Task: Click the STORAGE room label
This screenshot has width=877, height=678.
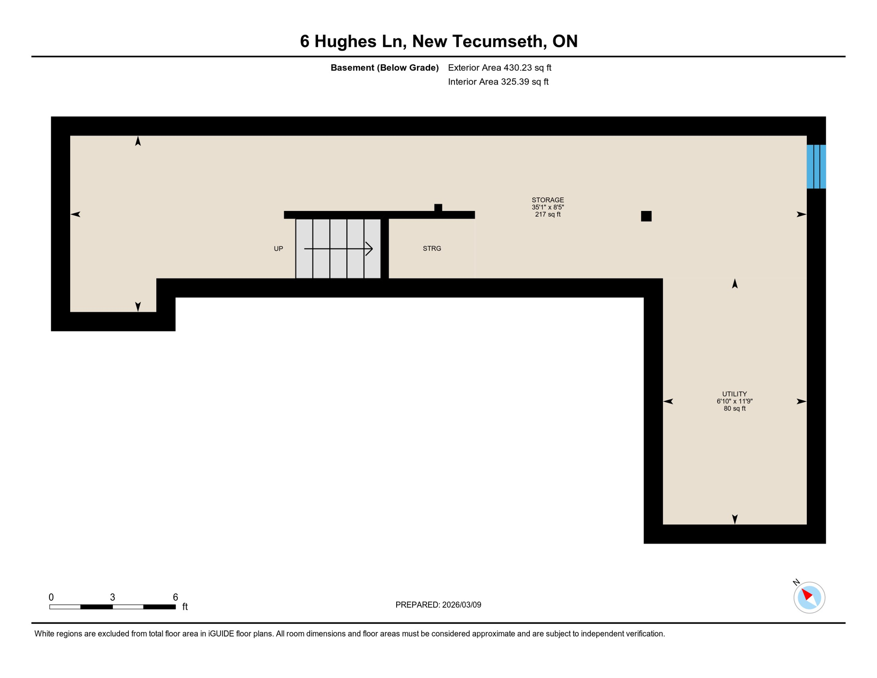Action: tap(547, 200)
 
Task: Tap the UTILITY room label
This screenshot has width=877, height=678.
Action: tap(734, 394)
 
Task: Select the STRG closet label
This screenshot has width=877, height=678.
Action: tap(431, 249)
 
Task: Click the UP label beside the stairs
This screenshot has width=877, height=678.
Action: tap(278, 249)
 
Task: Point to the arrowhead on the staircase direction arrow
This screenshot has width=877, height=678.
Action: tap(370, 249)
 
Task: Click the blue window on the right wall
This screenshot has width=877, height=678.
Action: tap(816, 166)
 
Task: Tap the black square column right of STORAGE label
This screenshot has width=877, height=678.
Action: tap(646, 216)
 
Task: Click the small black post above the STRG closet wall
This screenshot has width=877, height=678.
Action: tap(438, 207)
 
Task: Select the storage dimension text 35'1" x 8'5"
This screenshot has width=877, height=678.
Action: tap(547, 207)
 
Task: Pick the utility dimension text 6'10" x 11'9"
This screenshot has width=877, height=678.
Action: tap(734, 401)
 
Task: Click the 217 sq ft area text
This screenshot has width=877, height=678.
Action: tap(547, 215)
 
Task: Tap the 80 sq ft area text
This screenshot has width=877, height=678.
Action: tap(734, 409)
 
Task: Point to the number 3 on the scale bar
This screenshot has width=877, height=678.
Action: tap(112, 597)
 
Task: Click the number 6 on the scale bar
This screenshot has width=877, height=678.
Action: tap(175, 597)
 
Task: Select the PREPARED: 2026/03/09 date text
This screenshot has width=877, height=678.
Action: tap(438, 605)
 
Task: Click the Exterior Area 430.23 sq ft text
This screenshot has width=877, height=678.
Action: tap(499, 68)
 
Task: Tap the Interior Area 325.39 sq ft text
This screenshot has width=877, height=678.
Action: tap(498, 82)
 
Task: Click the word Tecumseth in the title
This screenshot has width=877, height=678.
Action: tap(499, 41)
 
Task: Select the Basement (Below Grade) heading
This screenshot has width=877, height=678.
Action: tap(384, 68)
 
